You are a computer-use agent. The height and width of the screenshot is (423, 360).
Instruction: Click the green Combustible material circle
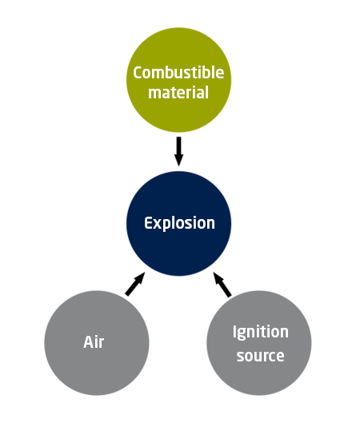point(178,80)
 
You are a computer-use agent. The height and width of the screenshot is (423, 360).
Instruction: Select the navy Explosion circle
point(178,224)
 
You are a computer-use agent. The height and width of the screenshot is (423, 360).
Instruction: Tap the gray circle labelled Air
point(97,343)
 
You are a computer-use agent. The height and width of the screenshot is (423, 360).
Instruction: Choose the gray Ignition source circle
point(259,343)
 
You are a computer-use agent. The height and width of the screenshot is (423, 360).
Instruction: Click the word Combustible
point(178,73)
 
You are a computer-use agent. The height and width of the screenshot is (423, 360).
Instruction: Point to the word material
point(178,93)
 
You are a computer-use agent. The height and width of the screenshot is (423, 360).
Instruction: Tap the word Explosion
point(179,224)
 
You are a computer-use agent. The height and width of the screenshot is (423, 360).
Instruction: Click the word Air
point(94,342)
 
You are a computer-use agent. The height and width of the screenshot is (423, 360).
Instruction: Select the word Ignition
point(261,332)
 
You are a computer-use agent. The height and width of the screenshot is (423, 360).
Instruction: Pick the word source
point(261,356)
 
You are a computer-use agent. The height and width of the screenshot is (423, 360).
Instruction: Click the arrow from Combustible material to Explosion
point(178,151)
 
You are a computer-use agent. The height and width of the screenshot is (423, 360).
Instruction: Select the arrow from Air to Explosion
point(135,284)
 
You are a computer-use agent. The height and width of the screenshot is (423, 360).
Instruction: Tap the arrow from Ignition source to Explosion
point(222,285)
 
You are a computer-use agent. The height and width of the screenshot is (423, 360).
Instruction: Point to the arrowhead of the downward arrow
point(178,160)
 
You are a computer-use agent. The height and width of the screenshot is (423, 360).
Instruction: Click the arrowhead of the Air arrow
point(141,277)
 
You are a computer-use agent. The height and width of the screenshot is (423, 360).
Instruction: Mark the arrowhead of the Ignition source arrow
point(218,278)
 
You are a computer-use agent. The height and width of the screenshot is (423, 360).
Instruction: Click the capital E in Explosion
point(148,223)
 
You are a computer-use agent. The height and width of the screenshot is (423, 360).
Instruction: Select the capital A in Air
point(89,342)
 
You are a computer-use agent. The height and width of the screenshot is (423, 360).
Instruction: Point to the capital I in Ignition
point(234,332)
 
